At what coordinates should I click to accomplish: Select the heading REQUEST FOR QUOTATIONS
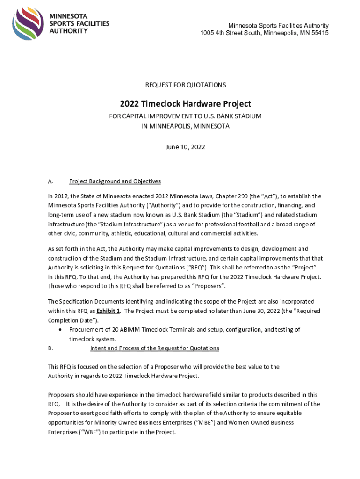(186, 85)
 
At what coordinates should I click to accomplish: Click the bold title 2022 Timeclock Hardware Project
(186, 104)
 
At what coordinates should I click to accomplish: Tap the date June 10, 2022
(186, 147)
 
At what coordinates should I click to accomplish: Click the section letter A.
(50, 181)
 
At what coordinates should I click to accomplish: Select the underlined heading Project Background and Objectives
(115, 181)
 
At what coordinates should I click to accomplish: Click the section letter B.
(50, 348)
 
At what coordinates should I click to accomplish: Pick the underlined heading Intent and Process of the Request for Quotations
(154, 348)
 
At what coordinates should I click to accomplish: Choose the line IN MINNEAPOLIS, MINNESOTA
(186, 126)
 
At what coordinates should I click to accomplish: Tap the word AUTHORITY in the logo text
(69, 31)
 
